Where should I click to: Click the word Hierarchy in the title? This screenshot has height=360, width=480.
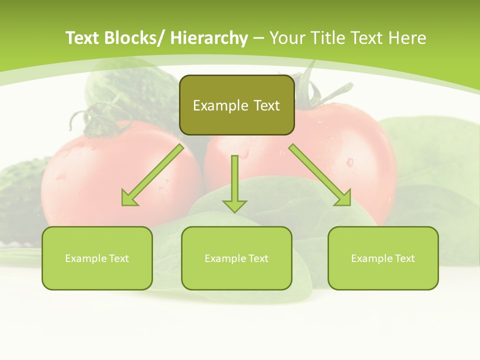click(x=209, y=38)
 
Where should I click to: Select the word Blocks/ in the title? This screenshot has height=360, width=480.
click(x=134, y=38)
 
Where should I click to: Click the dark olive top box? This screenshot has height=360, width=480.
click(x=236, y=105)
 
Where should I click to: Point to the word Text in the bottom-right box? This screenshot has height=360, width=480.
click(x=404, y=258)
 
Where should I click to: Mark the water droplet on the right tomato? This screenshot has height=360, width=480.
click(x=349, y=162)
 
